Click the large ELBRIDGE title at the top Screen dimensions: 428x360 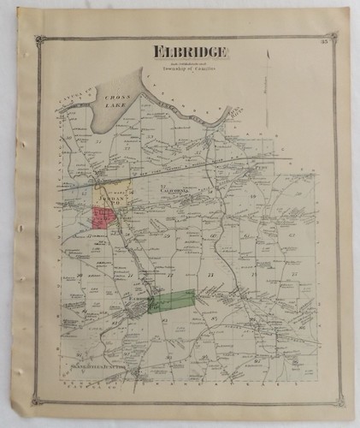(190, 51)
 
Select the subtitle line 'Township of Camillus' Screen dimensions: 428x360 (190, 68)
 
